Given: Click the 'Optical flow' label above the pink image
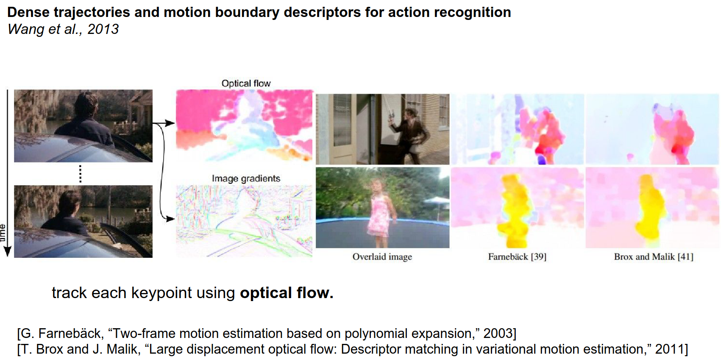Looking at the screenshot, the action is (x=246, y=84).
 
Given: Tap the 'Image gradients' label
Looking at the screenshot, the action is (x=246, y=179).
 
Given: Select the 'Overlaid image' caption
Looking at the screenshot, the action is (x=382, y=257).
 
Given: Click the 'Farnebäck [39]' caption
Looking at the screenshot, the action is (x=517, y=257).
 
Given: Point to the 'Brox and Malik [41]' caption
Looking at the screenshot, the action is (x=654, y=257).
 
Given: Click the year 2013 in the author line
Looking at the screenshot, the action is (x=103, y=29).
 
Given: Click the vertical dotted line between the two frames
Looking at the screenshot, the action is (x=81, y=174).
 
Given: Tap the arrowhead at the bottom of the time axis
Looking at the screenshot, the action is (x=7, y=251).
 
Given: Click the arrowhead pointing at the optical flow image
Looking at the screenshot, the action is (x=170, y=123).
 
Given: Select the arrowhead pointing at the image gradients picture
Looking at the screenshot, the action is (x=170, y=219).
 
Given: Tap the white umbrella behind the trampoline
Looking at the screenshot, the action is (x=437, y=202).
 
